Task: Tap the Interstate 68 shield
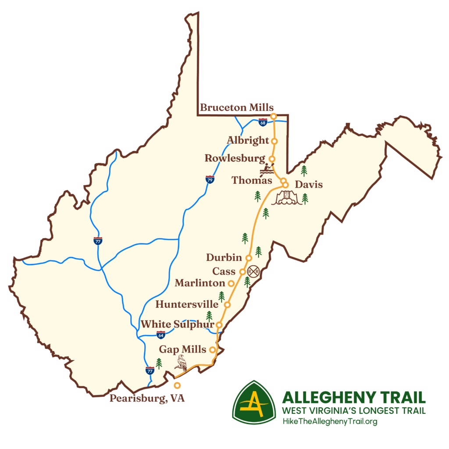click(263, 122)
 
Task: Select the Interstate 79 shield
click(210, 179)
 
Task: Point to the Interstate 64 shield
click(161, 335)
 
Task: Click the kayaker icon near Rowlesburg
click(266, 170)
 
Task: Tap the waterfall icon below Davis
click(287, 199)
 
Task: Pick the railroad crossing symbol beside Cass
click(253, 272)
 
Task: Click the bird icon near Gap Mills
click(181, 363)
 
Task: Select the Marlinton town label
click(200, 283)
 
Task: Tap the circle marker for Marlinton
click(231, 283)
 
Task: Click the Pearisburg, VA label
click(147, 399)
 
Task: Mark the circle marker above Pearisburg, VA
click(177, 385)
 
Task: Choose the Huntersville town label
click(187, 304)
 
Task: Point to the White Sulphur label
click(177, 325)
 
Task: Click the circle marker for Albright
click(274, 141)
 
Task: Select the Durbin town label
click(224, 257)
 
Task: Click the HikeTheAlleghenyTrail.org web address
click(330, 422)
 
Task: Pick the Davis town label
click(309, 185)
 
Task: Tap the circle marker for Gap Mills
click(212, 350)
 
